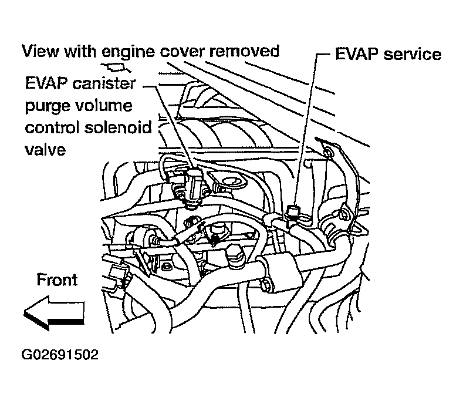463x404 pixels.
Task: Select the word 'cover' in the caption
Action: (x=188, y=52)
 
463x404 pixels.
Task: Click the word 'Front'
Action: (x=57, y=280)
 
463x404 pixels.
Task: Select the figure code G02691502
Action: (x=59, y=355)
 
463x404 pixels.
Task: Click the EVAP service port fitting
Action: (x=295, y=213)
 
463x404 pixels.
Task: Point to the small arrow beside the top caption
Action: (x=112, y=67)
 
